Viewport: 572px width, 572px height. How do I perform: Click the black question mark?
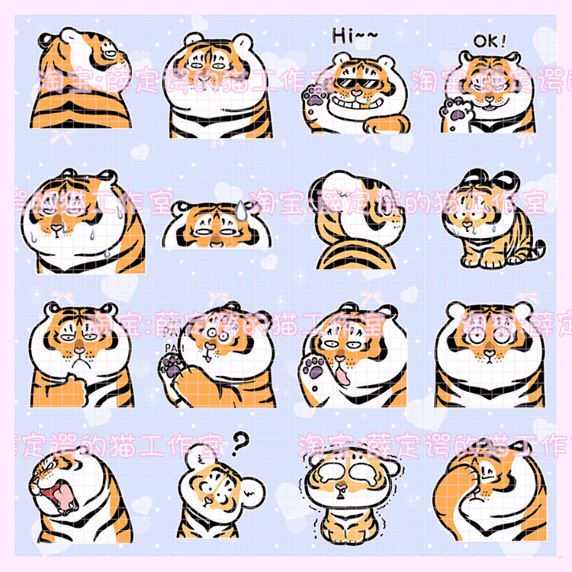(241, 442)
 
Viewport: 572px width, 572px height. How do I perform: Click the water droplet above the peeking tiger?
(239, 207)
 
